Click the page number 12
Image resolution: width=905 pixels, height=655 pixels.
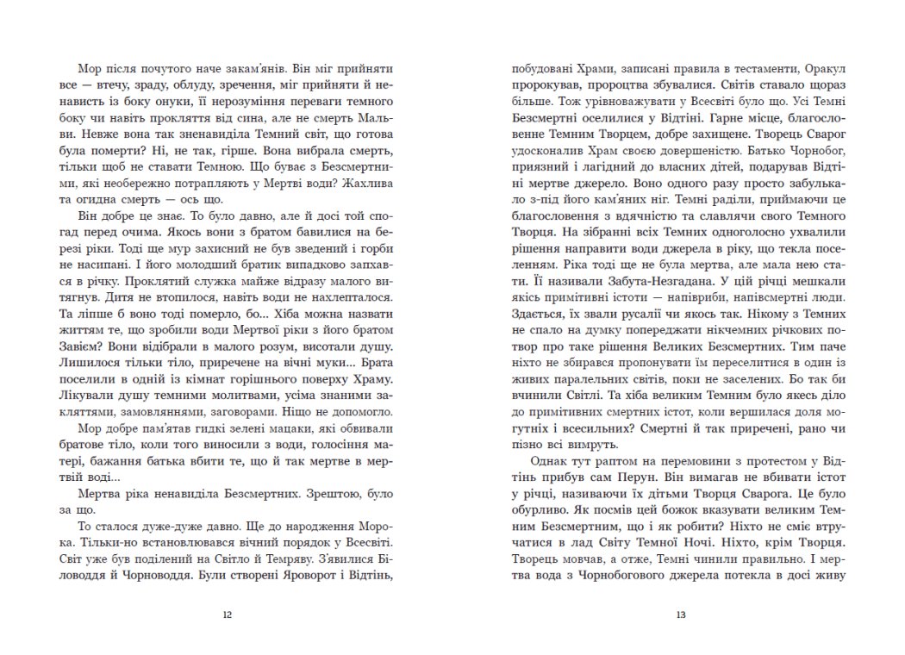(x=227, y=615)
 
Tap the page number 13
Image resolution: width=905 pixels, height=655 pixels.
(x=681, y=615)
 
